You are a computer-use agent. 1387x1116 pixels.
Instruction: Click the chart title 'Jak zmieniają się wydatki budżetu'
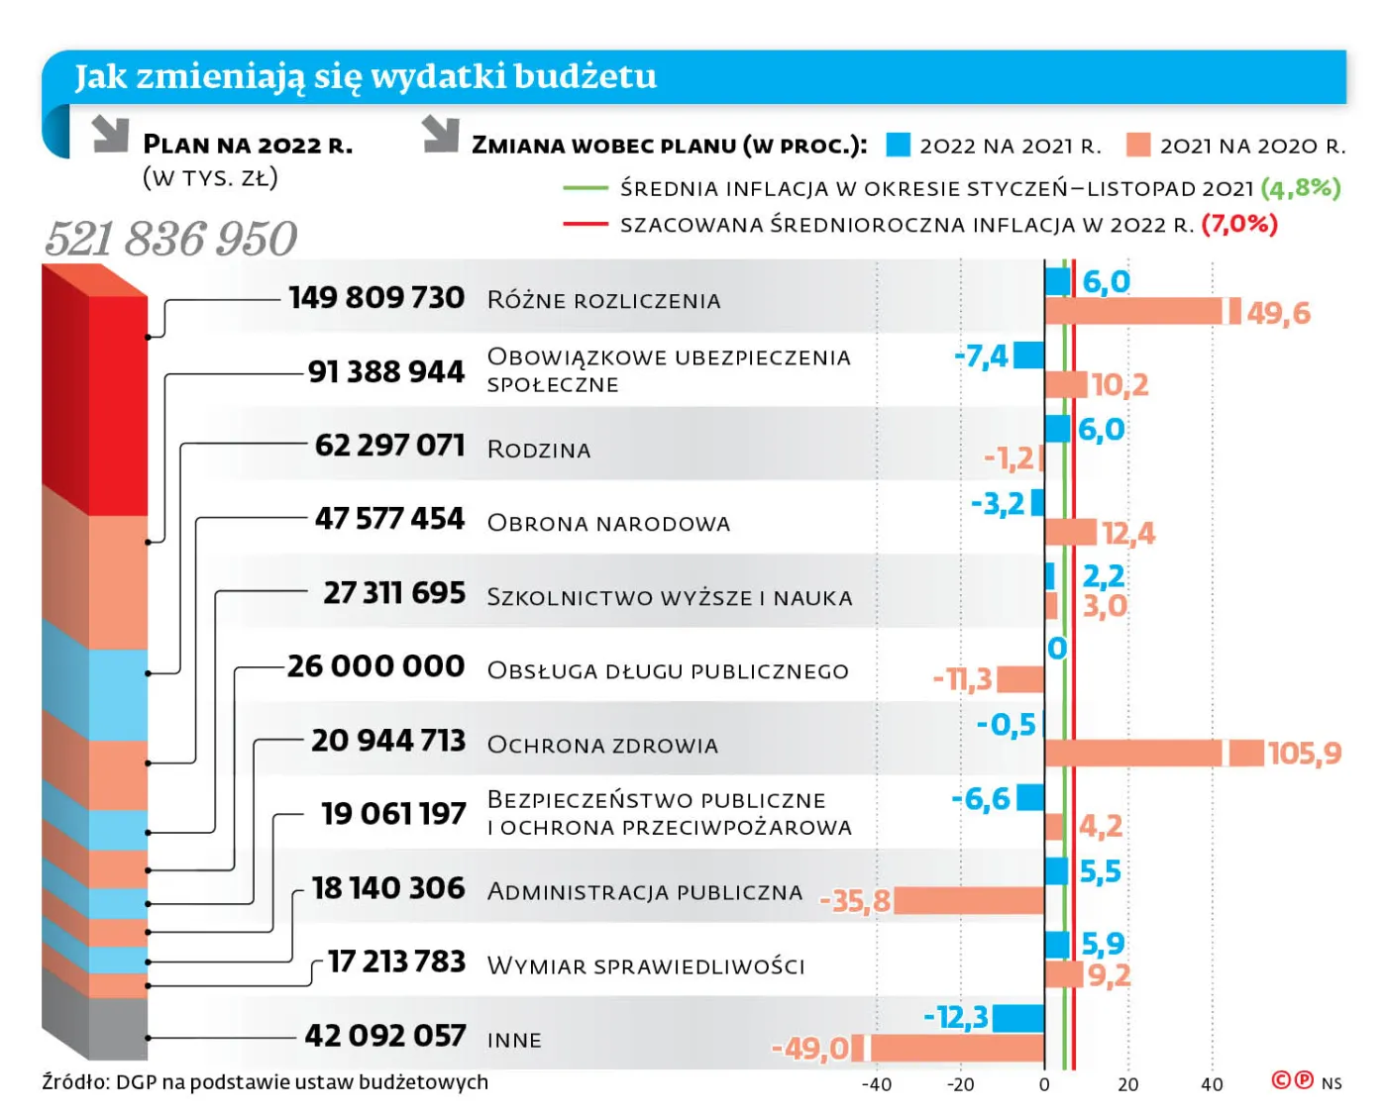tap(366, 76)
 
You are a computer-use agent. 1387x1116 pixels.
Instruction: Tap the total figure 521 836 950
tap(170, 239)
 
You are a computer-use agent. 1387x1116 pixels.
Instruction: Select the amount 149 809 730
tap(376, 297)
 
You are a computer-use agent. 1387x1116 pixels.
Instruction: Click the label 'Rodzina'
tap(539, 450)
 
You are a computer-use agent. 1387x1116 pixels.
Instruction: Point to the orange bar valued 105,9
tap(1153, 753)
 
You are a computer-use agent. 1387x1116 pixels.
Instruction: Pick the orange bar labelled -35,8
tap(969, 900)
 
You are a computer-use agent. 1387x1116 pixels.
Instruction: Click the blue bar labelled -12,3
tap(1018, 1018)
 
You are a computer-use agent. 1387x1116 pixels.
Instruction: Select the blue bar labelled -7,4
tap(1029, 355)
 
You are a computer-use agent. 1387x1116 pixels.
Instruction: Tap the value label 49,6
tap(1278, 313)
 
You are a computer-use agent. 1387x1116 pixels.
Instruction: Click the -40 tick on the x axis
tap(876, 1084)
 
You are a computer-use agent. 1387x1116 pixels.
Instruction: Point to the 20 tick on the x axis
tap(1127, 1084)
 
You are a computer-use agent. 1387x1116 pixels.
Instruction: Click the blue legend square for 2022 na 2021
tap(898, 146)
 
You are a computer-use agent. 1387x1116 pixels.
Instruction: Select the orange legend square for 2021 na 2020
tap(1138, 146)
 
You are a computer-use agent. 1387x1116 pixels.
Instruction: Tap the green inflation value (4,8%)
tap(1301, 187)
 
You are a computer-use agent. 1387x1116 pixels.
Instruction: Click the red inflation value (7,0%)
tap(1238, 224)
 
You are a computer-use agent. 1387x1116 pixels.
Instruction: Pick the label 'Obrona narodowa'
tap(608, 523)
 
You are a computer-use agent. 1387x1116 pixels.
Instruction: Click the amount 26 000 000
tap(375, 666)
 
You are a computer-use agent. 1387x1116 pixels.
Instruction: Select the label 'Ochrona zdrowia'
tap(602, 745)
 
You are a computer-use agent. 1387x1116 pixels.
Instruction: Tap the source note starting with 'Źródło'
tap(265, 1082)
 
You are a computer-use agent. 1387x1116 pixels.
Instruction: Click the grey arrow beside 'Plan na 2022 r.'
tap(111, 134)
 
